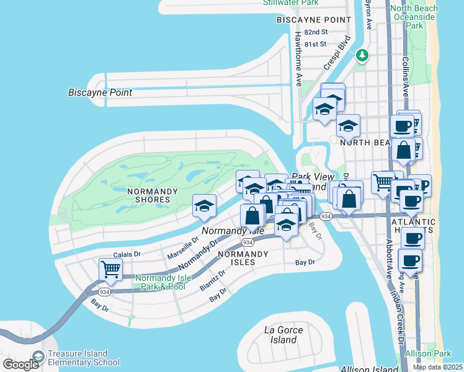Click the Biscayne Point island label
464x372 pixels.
[x=100, y=92]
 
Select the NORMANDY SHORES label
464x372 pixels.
[x=153, y=195]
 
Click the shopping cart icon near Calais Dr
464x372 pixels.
[x=110, y=270]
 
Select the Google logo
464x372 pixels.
[x=20, y=364]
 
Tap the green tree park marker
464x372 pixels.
[x=362, y=56]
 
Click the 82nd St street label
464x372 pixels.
[x=316, y=32]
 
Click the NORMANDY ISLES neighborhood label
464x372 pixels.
[x=243, y=259]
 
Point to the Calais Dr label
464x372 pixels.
[x=127, y=254]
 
